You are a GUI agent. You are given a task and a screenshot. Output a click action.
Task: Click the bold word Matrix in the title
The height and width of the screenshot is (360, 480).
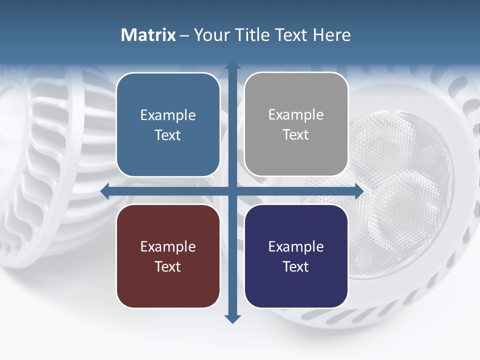pos(148,35)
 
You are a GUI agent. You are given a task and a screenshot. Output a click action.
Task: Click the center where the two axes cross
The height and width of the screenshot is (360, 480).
pos(232,191)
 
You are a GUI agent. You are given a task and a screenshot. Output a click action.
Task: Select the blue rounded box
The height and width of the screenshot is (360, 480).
pos(168,124)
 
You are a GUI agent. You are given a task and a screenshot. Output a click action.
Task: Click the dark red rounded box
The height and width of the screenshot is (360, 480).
pos(168,256)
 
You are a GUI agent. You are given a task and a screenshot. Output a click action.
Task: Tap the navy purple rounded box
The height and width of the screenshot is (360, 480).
pos(296,256)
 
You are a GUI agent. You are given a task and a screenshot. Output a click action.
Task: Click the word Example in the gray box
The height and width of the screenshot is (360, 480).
pos(296,114)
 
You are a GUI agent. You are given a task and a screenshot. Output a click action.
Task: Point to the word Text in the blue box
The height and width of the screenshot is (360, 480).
pos(168,135)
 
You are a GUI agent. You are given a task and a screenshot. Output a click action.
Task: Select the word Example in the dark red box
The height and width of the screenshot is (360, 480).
pos(168,246)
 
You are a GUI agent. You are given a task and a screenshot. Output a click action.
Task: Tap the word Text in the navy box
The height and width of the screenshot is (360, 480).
pos(296,266)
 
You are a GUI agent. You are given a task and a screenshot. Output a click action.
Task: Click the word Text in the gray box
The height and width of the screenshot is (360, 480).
pos(296,134)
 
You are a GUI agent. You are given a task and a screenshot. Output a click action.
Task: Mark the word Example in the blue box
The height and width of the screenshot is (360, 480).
pos(168,115)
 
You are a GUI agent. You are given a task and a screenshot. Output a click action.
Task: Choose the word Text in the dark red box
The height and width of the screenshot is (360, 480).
pos(168,266)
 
